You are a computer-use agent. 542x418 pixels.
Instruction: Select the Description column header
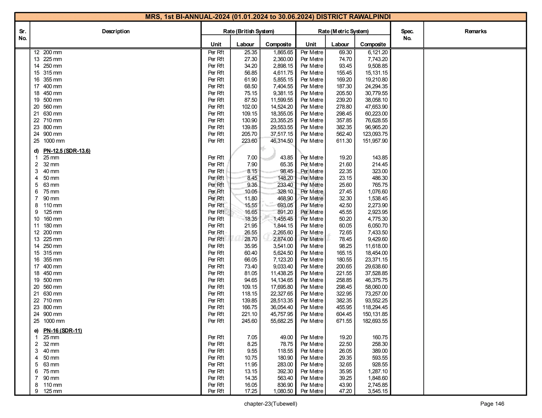click(x=116, y=31)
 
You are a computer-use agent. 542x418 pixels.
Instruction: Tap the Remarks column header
click(x=475, y=31)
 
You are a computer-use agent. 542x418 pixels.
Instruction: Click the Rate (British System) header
click(x=248, y=31)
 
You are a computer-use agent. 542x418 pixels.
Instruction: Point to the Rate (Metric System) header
click(x=343, y=31)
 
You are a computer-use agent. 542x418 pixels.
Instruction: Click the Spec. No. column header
click(x=407, y=35)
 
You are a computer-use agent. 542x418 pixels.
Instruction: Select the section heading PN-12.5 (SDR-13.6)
click(x=67, y=151)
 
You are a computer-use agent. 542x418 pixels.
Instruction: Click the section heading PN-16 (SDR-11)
click(x=62, y=331)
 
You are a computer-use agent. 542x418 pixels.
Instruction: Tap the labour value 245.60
click(x=249, y=321)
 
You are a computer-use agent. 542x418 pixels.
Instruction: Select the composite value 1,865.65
click(x=283, y=52)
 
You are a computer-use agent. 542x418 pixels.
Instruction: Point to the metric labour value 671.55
click(x=344, y=321)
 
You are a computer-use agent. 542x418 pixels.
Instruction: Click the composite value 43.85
click(x=286, y=158)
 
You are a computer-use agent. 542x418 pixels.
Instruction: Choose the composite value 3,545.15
click(x=378, y=391)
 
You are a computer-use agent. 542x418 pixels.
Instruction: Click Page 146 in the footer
click(x=492, y=404)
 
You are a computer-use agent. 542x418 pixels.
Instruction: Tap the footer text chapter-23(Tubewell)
click(x=270, y=404)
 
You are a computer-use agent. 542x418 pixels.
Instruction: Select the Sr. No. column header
click(x=22, y=35)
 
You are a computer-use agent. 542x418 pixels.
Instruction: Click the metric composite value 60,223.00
click(x=376, y=114)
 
